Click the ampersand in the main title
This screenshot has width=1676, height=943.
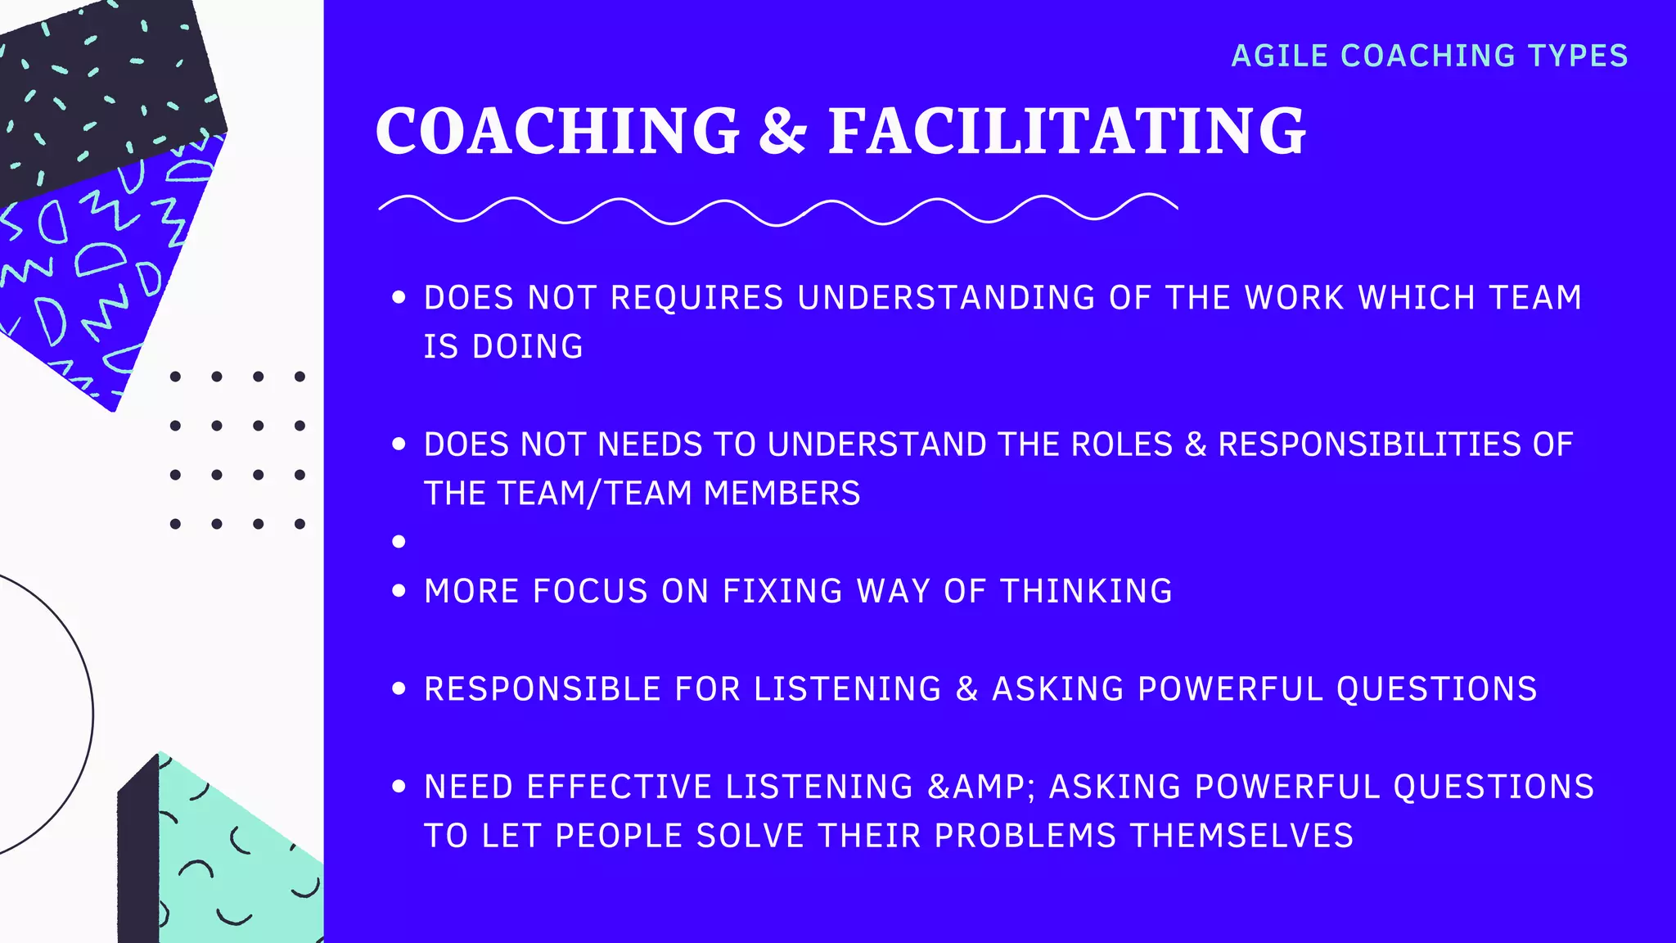pos(784,131)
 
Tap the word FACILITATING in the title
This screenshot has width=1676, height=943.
pos(1067,131)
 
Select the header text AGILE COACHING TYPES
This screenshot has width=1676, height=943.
pos(1430,56)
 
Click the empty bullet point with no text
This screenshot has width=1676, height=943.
pos(399,541)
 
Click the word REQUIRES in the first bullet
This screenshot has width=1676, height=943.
pos(697,298)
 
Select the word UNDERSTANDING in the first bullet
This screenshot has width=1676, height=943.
pos(946,298)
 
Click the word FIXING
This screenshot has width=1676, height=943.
pos(782,591)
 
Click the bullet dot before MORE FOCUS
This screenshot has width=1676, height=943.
pos(399,591)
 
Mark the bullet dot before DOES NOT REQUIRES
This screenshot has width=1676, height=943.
pos(399,298)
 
